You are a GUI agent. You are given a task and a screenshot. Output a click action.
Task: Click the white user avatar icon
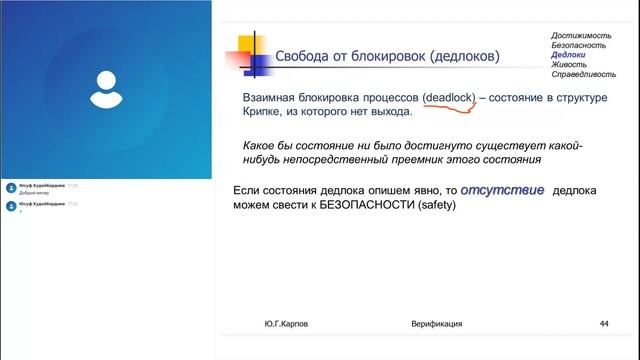point(106,88)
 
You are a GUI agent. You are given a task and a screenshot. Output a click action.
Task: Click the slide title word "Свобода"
point(305,57)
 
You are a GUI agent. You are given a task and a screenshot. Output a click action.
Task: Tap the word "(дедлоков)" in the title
point(458,57)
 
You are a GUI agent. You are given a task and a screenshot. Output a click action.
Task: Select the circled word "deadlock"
point(448,97)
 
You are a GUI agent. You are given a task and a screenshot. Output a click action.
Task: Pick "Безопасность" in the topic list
point(579,46)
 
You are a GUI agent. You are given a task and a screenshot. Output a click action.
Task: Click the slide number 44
point(604,324)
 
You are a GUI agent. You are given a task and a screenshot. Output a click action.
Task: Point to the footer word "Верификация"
point(436,324)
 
